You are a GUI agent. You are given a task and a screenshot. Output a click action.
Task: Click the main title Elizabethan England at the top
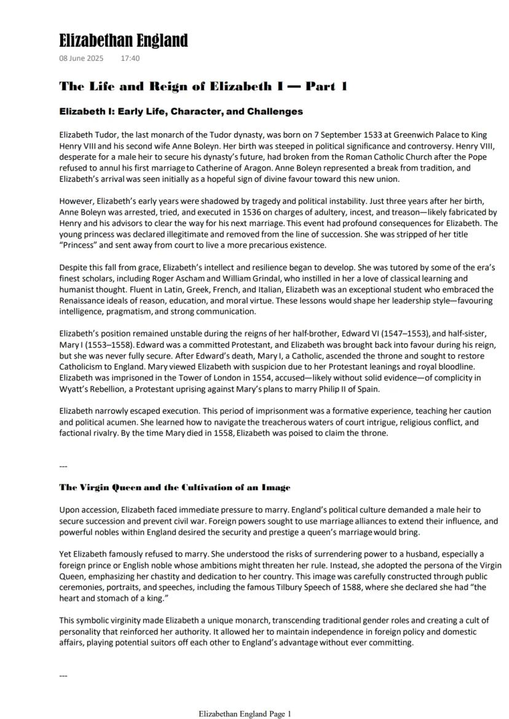coord(123,41)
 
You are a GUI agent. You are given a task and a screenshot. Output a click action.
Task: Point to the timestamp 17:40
coord(130,59)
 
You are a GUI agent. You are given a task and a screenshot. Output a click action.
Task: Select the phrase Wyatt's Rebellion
coord(89,389)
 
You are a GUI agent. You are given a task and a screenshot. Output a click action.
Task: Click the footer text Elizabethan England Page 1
coord(245,714)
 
